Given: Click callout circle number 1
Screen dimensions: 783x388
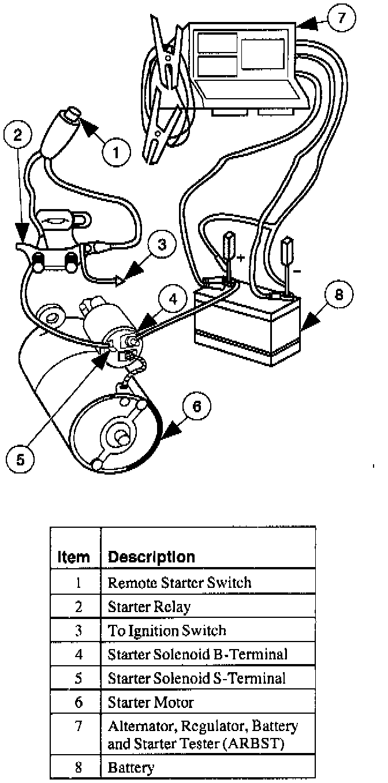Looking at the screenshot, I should (x=116, y=152).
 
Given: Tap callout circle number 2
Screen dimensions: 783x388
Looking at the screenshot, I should (x=18, y=136).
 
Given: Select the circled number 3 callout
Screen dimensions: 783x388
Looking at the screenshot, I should (x=162, y=244).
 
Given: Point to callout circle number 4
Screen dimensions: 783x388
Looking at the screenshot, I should (x=173, y=298).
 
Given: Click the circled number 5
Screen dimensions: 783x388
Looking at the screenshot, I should (x=20, y=459).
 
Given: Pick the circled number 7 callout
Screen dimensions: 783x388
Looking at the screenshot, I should (x=341, y=18).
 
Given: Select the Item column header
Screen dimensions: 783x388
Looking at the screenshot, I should (x=74, y=557).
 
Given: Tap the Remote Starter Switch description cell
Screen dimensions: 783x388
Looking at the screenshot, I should (x=180, y=582).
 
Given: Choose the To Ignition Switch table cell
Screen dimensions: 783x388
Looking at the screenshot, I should (x=167, y=630).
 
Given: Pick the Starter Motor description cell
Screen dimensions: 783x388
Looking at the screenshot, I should (x=151, y=702).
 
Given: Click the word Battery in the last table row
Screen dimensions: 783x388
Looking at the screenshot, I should (x=131, y=767).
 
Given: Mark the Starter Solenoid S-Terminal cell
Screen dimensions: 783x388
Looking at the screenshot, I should (x=197, y=678).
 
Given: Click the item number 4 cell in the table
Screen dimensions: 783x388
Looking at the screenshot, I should (x=79, y=654).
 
